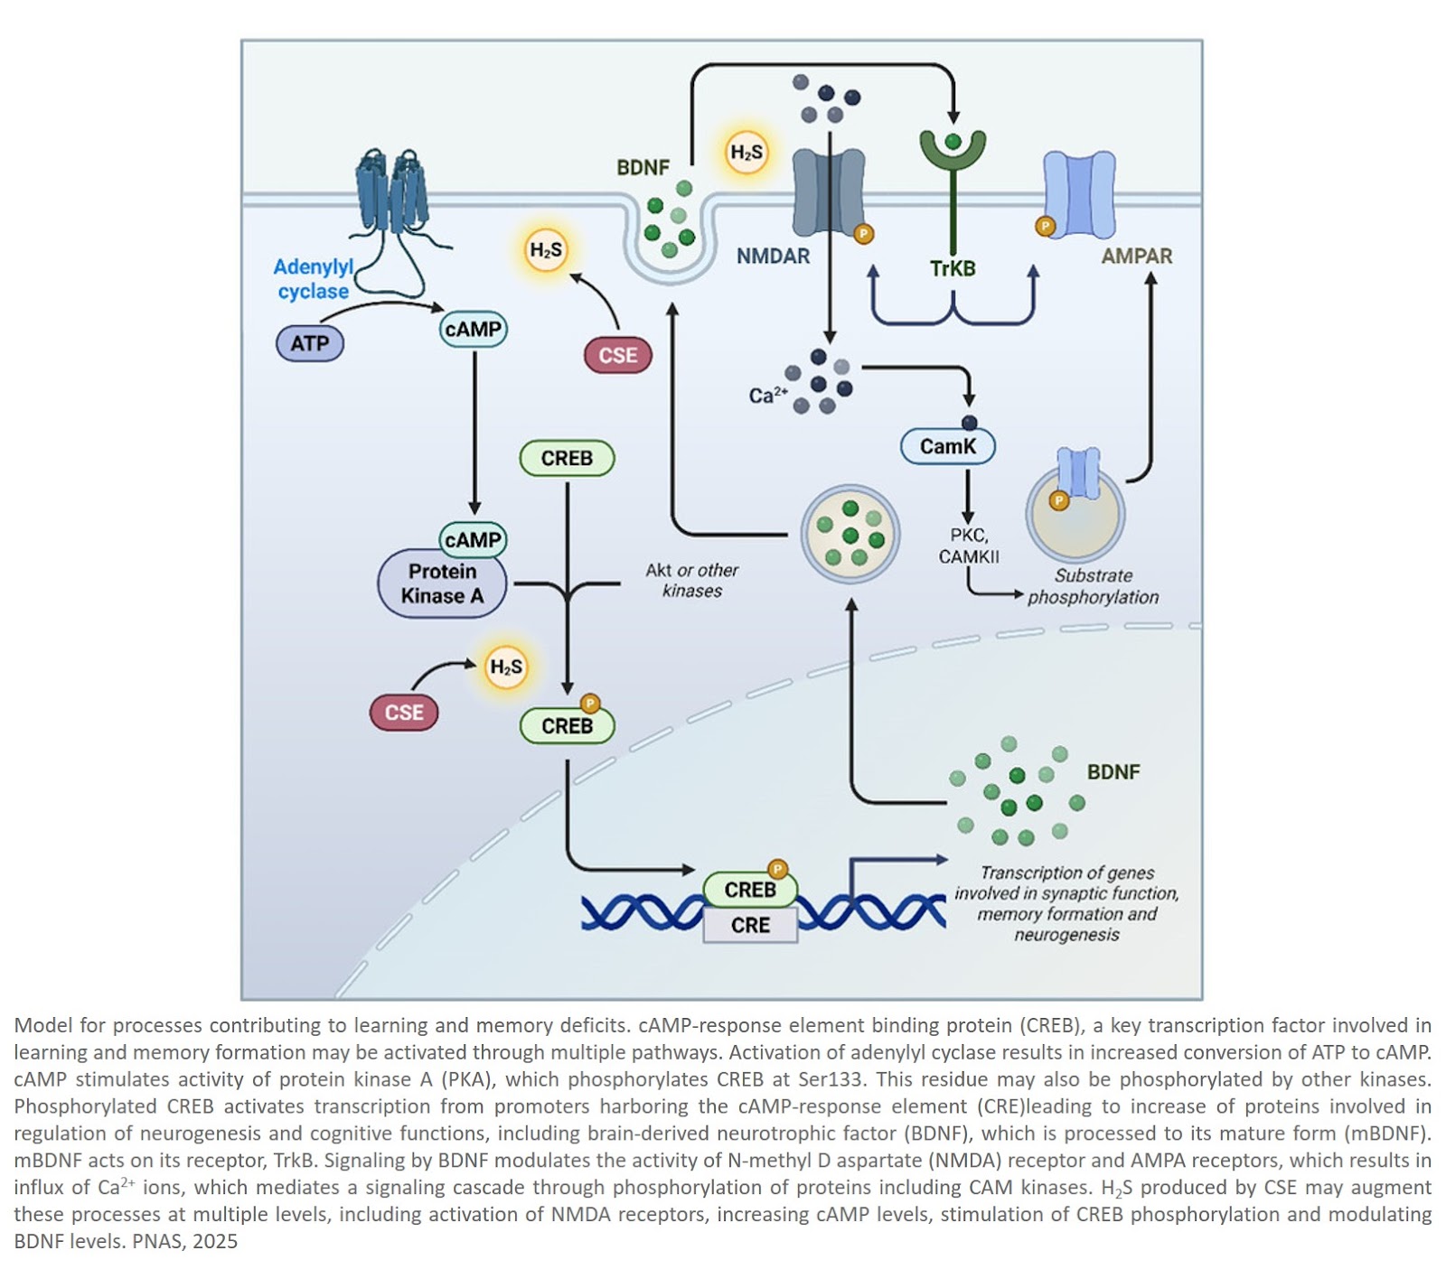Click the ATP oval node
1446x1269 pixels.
309,344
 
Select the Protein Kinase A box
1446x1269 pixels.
441,584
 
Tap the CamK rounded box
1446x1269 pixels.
947,446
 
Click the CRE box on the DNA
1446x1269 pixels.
750,926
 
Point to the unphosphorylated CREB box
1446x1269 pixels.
567,459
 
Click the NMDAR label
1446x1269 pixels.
773,257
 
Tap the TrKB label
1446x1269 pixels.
953,269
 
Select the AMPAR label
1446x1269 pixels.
1136,257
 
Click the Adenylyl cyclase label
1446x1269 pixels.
313,279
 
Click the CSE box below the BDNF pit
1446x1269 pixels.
618,356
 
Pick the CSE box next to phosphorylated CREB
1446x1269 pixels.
403,713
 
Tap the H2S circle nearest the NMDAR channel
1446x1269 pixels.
746,153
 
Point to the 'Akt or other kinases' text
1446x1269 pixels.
691,581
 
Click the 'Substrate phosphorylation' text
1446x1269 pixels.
1093,586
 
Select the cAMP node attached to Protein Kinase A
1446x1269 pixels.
473,540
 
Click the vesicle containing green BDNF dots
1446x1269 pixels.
850,533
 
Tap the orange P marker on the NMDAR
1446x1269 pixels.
863,235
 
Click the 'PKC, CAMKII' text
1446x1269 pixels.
968,546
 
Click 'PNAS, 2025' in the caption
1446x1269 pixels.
184,1242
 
